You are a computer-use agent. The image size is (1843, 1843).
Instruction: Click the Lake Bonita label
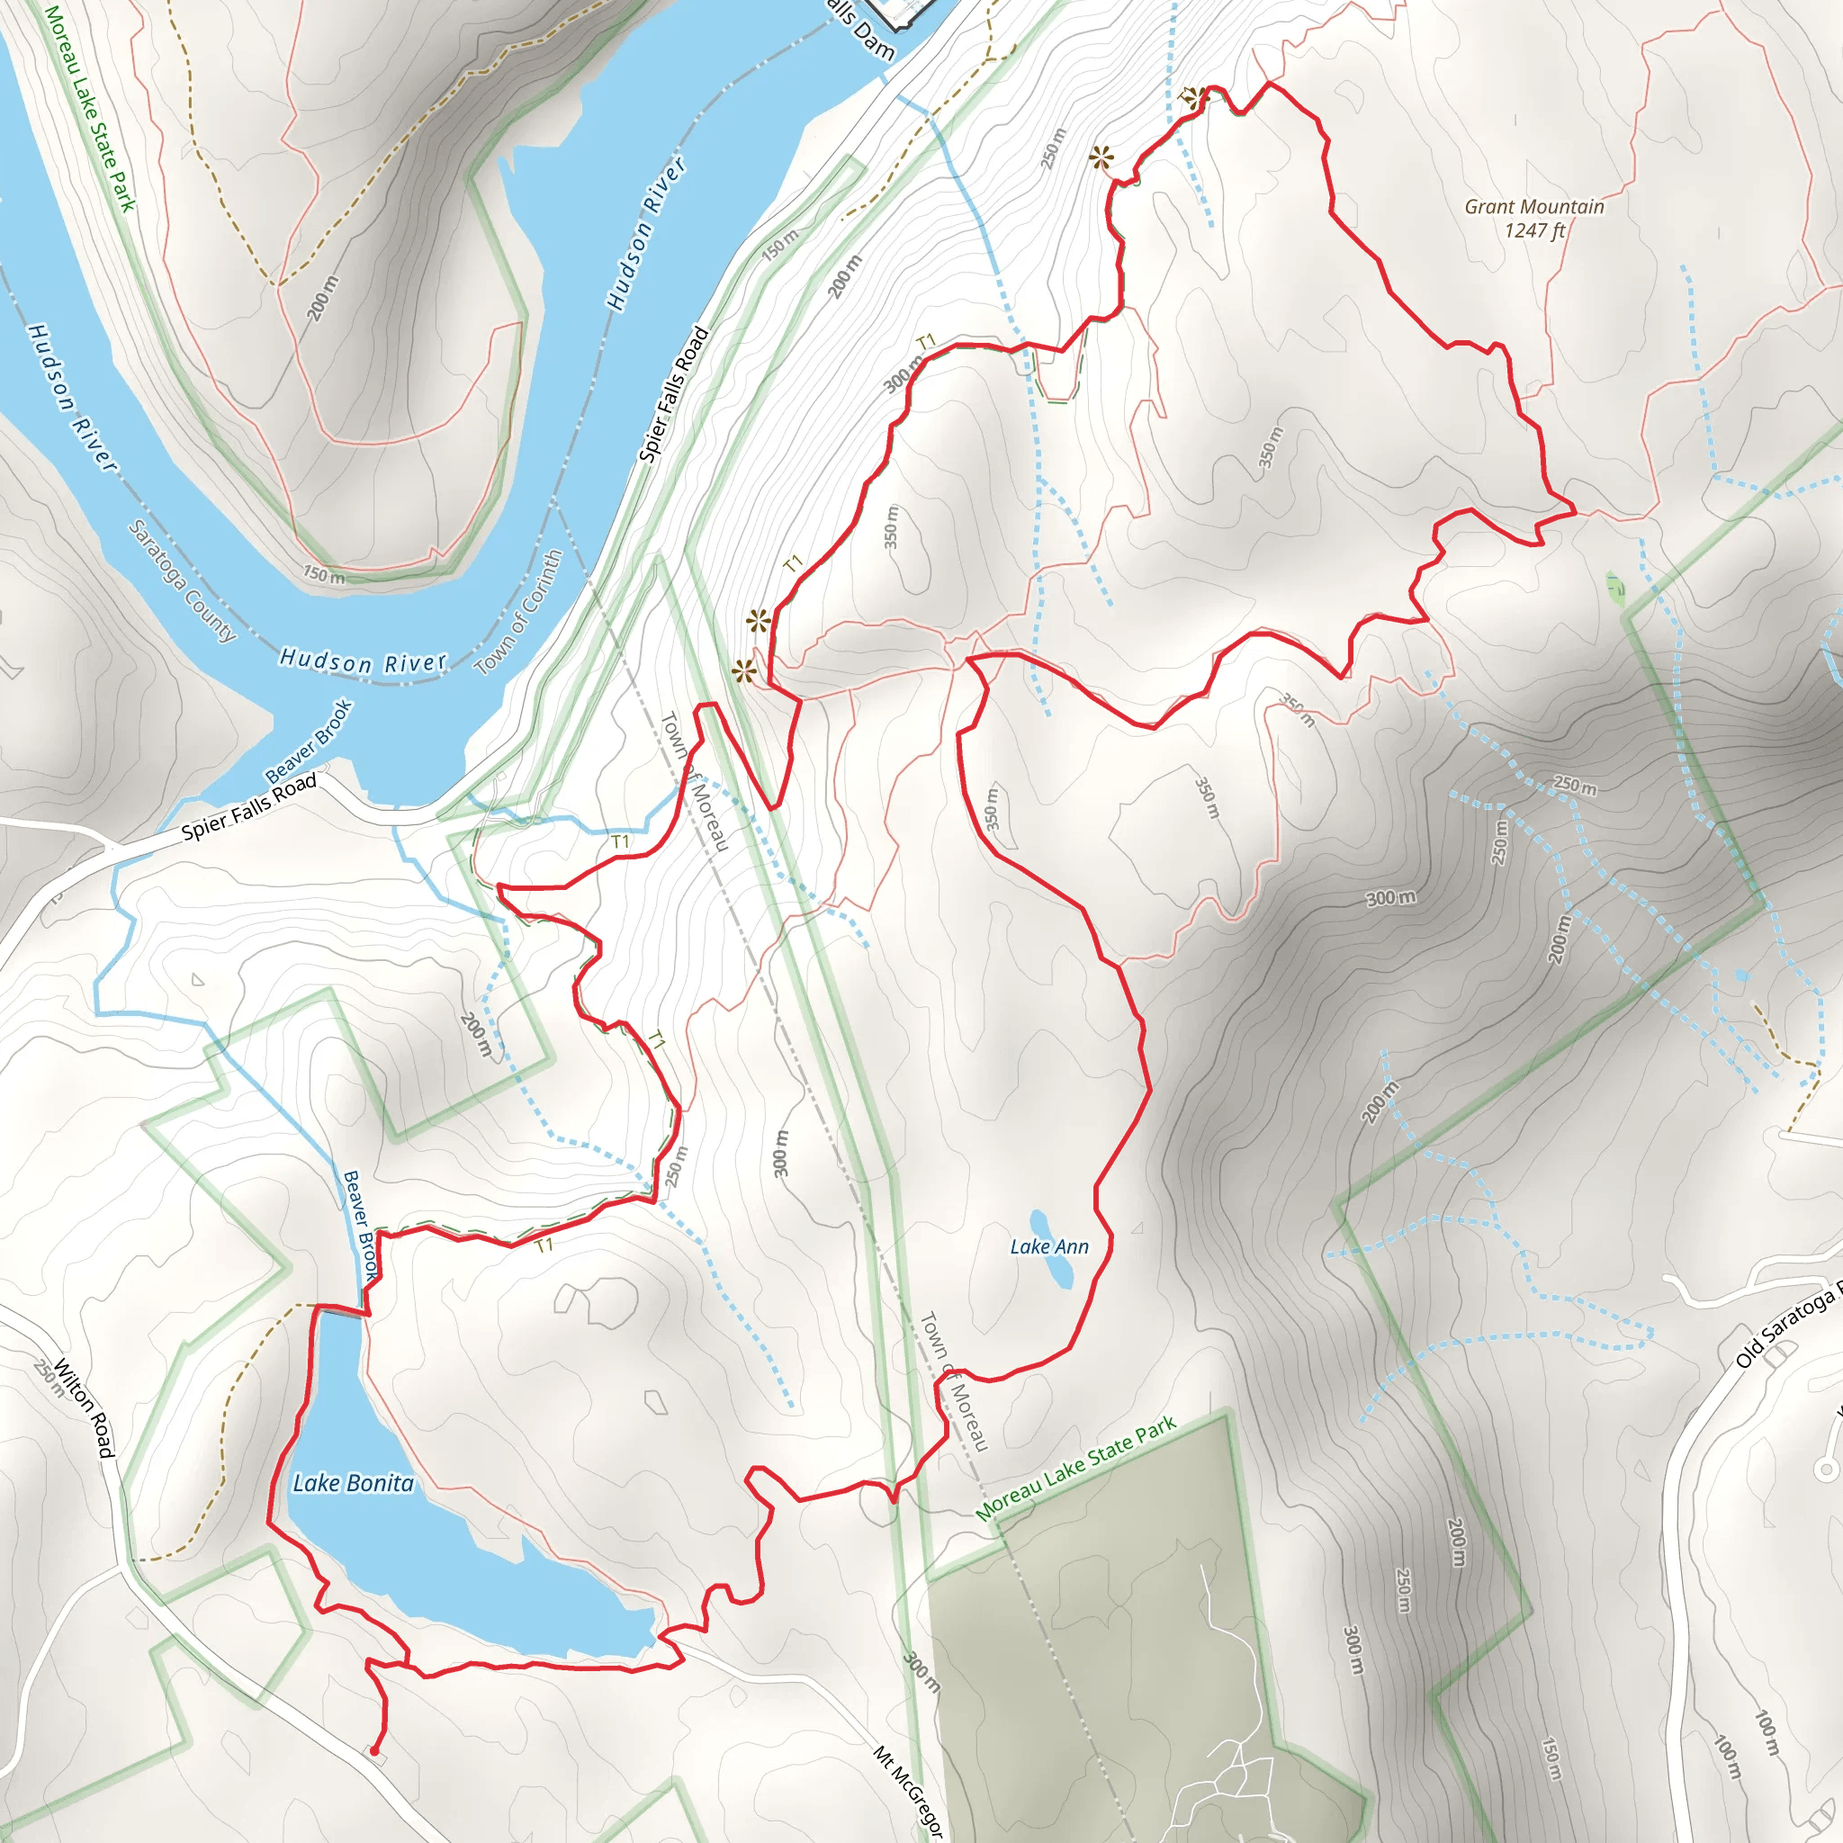point(353,1483)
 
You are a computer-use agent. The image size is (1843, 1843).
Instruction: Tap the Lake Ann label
point(1048,1246)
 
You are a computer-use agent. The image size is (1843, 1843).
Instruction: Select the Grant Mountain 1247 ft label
point(1534,218)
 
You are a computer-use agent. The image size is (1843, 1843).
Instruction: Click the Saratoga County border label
point(181,581)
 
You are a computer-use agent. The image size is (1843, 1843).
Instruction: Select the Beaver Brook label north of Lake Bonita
point(360,1225)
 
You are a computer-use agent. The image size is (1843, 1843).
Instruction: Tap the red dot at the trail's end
point(374,1751)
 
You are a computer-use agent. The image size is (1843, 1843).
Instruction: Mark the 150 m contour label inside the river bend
point(324,575)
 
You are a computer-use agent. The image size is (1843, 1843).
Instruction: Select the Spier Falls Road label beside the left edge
point(249,808)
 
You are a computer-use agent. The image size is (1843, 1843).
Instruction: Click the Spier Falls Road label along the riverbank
point(673,395)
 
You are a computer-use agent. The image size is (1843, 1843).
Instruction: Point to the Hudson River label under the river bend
point(363,661)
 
